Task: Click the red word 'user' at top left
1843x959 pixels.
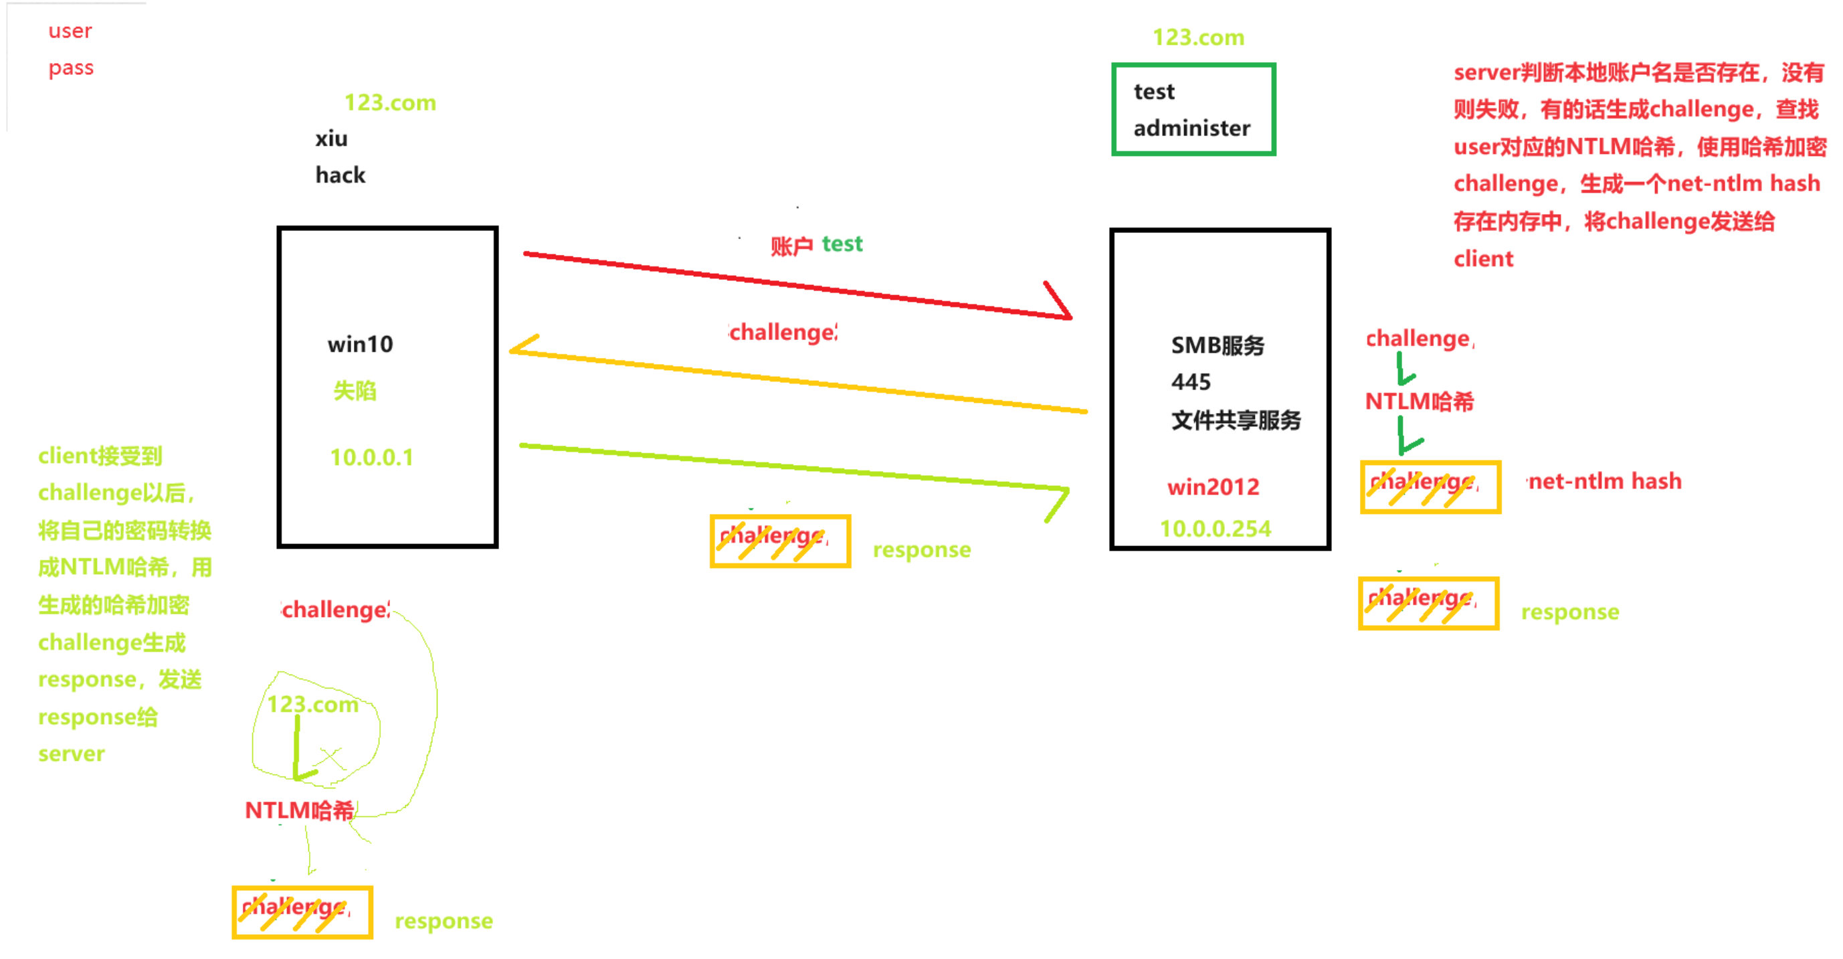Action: (x=70, y=31)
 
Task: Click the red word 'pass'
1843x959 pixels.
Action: (x=71, y=69)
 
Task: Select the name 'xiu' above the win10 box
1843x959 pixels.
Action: (x=331, y=139)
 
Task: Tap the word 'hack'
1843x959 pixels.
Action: (x=341, y=175)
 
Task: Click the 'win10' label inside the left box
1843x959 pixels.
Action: (x=361, y=345)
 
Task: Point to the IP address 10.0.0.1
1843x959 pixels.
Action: (x=371, y=457)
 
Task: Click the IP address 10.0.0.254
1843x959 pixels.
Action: (x=1215, y=529)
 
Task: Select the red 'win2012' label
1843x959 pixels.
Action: (x=1213, y=487)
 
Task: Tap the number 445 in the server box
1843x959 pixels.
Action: (x=1191, y=382)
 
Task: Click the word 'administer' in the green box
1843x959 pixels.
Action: (x=1192, y=128)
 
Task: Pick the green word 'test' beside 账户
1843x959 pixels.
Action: (x=842, y=245)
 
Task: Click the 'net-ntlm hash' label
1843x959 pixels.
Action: (x=1605, y=482)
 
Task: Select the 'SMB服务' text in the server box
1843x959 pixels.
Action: (x=1218, y=346)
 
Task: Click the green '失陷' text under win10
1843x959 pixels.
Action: (x=355, y=391)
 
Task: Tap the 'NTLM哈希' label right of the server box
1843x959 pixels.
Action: (x=1420, y=402)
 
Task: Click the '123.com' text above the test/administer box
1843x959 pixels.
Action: (x=1198, y=38)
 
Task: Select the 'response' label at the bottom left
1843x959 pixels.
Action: (x=444, y=921)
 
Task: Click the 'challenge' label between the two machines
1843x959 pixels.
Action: (x=783, y=333)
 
